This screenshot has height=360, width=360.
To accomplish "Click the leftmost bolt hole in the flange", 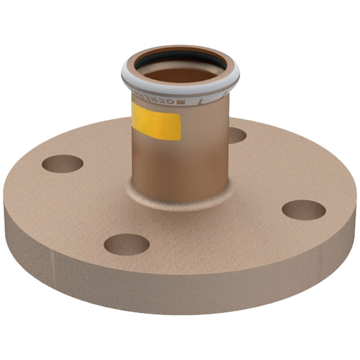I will click(62, 164).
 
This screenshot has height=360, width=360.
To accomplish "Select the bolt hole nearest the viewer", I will click(127, 244).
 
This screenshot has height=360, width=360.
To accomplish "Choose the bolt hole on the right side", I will click(303, 210).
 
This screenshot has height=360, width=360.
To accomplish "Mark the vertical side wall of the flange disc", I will click(174, 290).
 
